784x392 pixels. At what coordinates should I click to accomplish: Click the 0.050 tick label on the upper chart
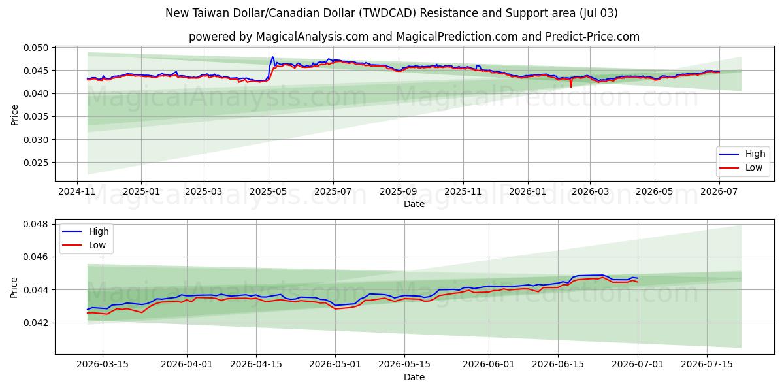click(x=36, y=48)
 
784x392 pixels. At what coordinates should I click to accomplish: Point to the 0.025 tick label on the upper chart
click(x=36, y=163)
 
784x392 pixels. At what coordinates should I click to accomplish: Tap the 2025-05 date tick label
click(x=269, y=192)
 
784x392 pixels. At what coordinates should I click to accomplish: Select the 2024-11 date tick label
click(x=77, y=192)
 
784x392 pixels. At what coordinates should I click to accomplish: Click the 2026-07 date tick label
click(x=719, y=192)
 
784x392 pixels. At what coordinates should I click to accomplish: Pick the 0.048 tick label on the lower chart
click(x=36, y=224)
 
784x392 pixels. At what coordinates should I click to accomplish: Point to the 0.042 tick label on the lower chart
click(x=36, y=323)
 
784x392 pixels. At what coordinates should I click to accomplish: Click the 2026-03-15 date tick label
click(x=103, y=365)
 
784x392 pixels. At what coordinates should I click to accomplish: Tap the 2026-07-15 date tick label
click(x=707, y=365)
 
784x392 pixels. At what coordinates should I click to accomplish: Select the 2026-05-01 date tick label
click(x=335, y=365)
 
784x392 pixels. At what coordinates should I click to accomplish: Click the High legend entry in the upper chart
click(x=755, y=154)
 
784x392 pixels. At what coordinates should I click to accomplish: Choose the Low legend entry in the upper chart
click(x=753, y=168)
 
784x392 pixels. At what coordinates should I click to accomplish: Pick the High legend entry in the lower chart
click(x=99, y=231)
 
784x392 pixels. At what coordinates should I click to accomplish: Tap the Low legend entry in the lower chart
click(x=97, y=245)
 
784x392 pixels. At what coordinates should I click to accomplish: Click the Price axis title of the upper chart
click(x=14, y=115)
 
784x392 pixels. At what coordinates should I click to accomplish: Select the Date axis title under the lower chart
click(x=414, y=378)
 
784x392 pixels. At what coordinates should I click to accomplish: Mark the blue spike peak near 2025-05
click(x=272, y=57)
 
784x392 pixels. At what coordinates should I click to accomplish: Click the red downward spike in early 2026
click(x=571, y=86)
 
